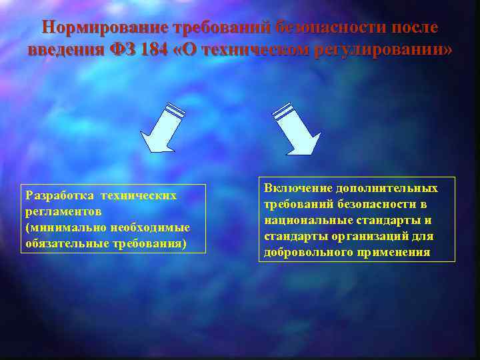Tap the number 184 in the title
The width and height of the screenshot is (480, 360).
point(155,50)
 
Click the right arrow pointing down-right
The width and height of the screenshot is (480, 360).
point(297,129)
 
